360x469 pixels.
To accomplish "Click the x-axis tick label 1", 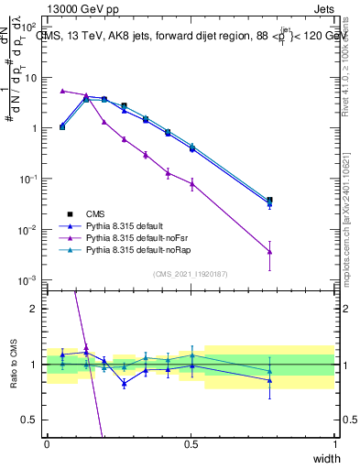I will pos(336,444).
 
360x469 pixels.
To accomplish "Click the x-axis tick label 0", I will pos(48,444).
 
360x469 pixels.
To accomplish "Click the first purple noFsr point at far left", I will pos(62,91).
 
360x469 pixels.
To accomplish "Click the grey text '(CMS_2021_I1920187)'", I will pos(191,274).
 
